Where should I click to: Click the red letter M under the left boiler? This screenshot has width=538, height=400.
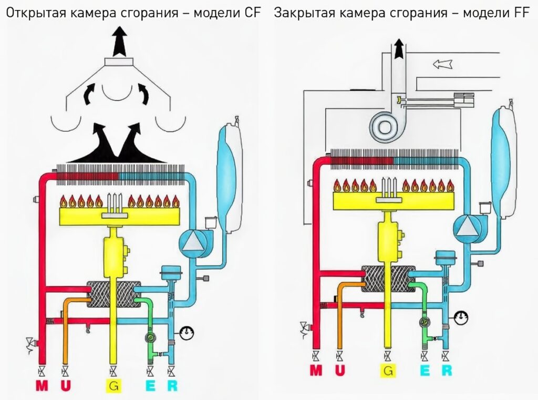point(42,386)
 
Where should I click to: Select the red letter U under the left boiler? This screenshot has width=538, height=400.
point(66,386)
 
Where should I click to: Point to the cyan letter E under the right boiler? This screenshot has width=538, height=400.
point(425,371)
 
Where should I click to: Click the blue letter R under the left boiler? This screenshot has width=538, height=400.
point(172,386)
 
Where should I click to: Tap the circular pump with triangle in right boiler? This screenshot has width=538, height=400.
point(467,228)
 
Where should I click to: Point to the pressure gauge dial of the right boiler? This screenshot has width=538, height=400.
point(462,318)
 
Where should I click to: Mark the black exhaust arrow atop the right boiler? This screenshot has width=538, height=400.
point(399,49)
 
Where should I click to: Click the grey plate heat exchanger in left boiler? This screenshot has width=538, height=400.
point(112,294)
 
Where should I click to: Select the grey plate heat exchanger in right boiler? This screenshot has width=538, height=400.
point(388,279)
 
